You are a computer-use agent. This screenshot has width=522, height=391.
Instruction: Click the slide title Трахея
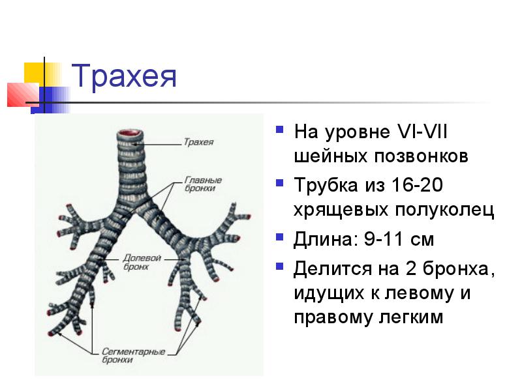pyautogui.click(x=124, y=77)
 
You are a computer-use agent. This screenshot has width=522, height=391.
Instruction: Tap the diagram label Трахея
pyautogui.click(x=198, y=141)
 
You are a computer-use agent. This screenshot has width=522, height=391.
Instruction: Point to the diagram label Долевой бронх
pyautogui.click(x=142, y=261)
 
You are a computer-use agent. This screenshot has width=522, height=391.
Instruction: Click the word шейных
pyautogui.click(x=331, y=157)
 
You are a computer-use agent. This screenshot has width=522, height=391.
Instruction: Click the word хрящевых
pyautogui.click(x=341, y=211)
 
